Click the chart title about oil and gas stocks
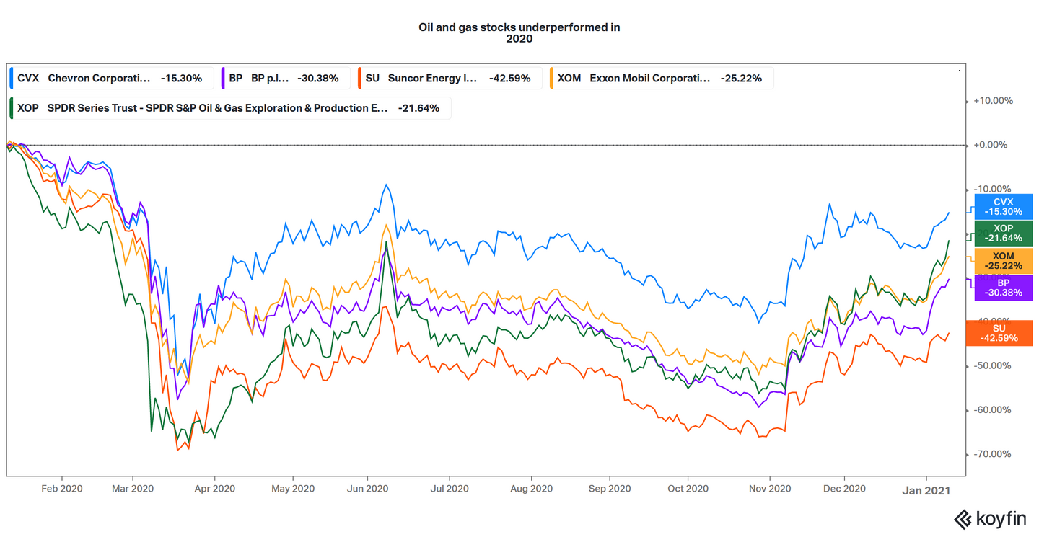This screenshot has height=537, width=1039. (x=519, y=33)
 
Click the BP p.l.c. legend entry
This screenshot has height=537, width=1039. (x=286, y=78)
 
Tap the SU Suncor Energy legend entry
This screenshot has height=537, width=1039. (x=449, y=78)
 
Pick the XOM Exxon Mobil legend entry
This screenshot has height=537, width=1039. (x=660, y=78)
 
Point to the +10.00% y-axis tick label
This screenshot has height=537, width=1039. (x=993, y=101)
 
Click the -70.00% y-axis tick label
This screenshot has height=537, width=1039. (x=993, y=454)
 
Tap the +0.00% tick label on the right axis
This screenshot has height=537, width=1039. (x=993, y=145)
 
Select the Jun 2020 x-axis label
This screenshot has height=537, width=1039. (x=367, y=489)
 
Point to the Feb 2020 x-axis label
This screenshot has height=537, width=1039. (x=62, y=489)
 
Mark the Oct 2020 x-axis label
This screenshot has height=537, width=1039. (x=688, y=489)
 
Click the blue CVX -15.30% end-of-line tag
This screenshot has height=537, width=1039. (x=1003, y=207)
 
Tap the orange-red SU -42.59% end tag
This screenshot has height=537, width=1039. (x=1003, y=333)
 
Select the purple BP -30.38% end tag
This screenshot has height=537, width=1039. (x=1003, y=288)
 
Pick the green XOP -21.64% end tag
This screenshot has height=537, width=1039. (x=1003, y=233)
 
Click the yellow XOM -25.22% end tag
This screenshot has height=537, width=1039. (x=1003, y=261)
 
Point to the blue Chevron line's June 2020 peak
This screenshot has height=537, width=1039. (x=387, y=185)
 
